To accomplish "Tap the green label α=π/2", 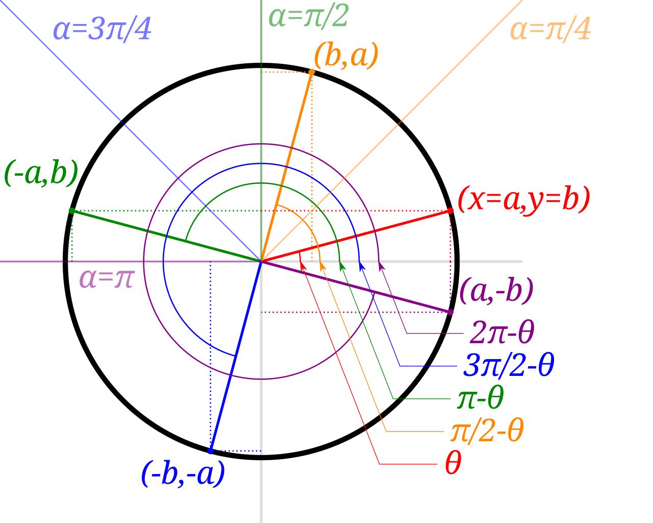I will [x=308, y=17].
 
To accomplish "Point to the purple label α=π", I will [x=106, y=279].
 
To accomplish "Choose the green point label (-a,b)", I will [x=41, y=173].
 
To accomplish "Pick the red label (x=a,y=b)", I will [x=523, y=199].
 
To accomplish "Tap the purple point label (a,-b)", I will [x=496, y=291].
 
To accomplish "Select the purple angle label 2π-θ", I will [x=501, y=333].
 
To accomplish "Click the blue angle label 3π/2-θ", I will [x=508, y=366].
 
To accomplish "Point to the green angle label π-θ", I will [x=481, y=398].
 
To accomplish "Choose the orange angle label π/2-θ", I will [x=487, y=432].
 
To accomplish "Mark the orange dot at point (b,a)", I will [x=312, y=72].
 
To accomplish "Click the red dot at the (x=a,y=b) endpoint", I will [x=450, y=210].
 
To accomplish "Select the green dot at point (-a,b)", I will [x=71, y=210].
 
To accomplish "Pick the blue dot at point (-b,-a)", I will [x=210, y=451].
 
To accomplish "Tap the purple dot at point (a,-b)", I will [x=450, y=312].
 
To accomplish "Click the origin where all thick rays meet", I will [x=261, y=261].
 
